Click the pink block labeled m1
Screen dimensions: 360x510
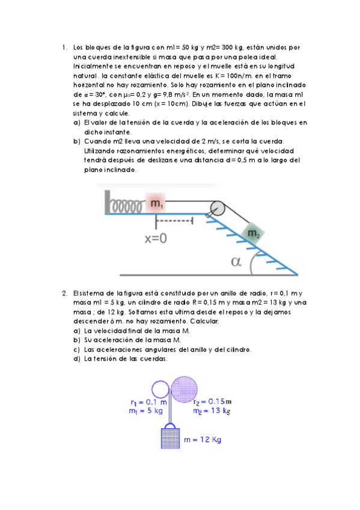(156, 203)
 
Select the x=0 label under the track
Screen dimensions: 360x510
(155, 238)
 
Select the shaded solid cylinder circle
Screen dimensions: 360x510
(184, 389)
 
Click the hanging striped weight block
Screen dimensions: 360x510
(171, 437)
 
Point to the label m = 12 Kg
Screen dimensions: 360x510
(203, 440)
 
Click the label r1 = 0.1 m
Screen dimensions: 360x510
(148, 402)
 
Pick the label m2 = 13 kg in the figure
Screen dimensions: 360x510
(212, 411)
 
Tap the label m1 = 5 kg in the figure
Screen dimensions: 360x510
(146, 411)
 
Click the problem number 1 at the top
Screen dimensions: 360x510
(63, 48)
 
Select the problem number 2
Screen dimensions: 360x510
(64, 293)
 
